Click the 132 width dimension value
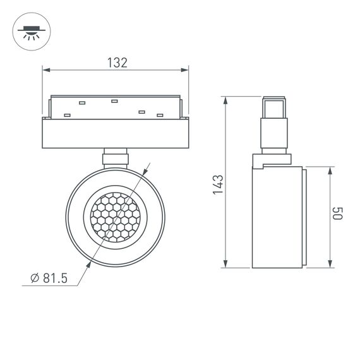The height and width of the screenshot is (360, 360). pos(117,63)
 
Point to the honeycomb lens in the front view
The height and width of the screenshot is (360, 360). pos(115,215)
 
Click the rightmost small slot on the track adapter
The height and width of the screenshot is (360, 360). pos(160,114)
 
